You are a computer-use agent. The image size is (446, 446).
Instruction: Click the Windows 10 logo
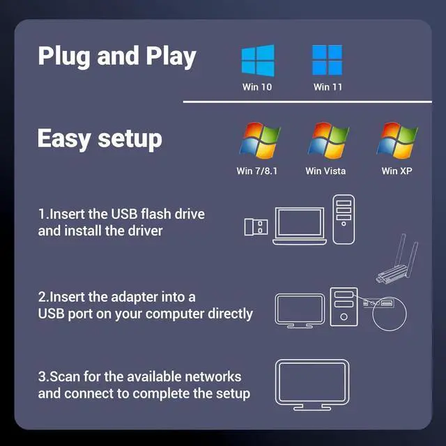(257, 61)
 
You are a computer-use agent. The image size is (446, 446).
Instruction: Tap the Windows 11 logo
(327, 61)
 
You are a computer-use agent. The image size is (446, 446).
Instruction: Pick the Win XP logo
(397, 141)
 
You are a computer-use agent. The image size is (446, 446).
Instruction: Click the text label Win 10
(257, 87)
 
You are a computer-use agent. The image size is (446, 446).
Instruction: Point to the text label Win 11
(327, 87)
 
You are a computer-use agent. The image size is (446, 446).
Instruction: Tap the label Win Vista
(325, 171)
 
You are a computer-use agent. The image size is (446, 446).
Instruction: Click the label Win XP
(397, 171)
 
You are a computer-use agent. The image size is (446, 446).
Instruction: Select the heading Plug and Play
(116, 56)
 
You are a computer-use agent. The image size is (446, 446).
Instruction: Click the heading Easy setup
(99, 138)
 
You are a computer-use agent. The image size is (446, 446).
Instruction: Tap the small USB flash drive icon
(256, 226)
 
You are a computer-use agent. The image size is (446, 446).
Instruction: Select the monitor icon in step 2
(300, 311)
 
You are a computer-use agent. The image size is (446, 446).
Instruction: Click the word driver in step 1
(144, 230)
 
